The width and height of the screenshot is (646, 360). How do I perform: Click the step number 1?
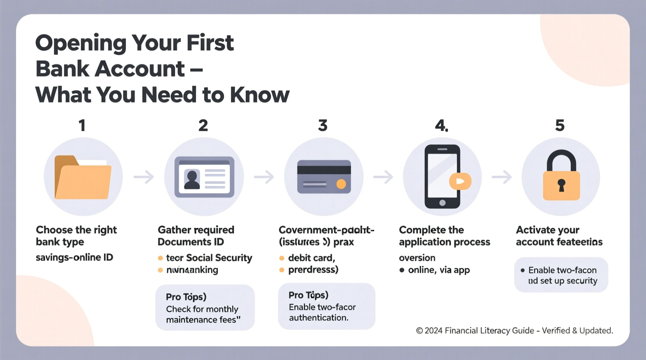(82, 125)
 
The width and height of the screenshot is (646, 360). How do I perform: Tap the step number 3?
(323, 125)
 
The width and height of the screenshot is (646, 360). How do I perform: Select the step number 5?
(559, 125)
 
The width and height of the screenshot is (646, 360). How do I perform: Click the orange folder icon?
(83, 177)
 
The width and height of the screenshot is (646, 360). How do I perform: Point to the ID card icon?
(204, 177)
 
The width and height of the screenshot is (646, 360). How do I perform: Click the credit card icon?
(324, 177)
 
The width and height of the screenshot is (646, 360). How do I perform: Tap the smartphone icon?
(442, 177)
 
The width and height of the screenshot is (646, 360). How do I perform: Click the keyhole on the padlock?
(561, 185)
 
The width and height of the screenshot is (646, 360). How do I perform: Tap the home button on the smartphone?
(442, 203)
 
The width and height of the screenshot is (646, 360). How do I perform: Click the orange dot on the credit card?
(341, 184)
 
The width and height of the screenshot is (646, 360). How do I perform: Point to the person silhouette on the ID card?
(192, 180)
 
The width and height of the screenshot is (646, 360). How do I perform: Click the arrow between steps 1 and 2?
(144, 177)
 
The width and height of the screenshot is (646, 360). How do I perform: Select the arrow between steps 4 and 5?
(502, 177)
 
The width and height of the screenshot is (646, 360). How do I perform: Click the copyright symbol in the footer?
(419, 331)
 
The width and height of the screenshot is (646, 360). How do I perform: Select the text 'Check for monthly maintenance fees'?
(203, 314)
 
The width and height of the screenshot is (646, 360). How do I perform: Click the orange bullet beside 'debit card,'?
(282, 258)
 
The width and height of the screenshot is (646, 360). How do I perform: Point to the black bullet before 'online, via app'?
(402, 270)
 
